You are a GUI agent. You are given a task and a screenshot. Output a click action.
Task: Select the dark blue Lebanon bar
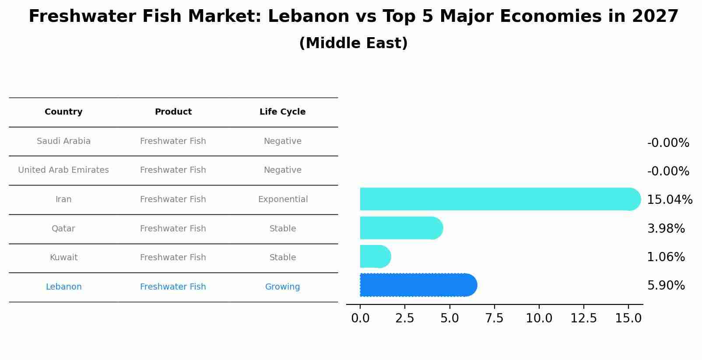pos(418,285)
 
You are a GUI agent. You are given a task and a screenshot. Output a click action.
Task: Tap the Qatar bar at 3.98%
pos(400,228)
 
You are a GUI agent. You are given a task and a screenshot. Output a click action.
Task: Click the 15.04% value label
pos(669,200)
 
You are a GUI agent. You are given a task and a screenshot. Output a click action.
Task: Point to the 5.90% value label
pos(666,286)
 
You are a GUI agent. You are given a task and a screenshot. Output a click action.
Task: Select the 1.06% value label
pos(666,257)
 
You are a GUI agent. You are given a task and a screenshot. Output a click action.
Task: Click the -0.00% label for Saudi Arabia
pos(668,143)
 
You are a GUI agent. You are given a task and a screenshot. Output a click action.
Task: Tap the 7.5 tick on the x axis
pos(494,318)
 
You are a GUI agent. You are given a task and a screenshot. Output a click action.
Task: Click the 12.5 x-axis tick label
pos(583,318)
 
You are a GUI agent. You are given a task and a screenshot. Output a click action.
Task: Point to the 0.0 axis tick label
pos(360,318)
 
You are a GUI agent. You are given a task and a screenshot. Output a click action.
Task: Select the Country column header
pos(63,112)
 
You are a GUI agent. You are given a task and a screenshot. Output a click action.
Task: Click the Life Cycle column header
pos(282,112)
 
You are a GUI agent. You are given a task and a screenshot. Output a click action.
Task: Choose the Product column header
pos(173,112)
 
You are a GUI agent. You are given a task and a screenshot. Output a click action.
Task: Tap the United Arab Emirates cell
pos(63,170)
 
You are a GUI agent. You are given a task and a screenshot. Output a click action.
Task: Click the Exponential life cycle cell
pos(283,199)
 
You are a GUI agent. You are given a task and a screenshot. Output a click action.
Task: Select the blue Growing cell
pos(282,287)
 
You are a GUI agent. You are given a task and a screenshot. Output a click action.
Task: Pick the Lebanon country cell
pos(63,287)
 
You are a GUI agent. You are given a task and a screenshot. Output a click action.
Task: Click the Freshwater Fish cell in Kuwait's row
pos(173,258)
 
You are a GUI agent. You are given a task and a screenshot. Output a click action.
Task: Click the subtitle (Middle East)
pos(353,43)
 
